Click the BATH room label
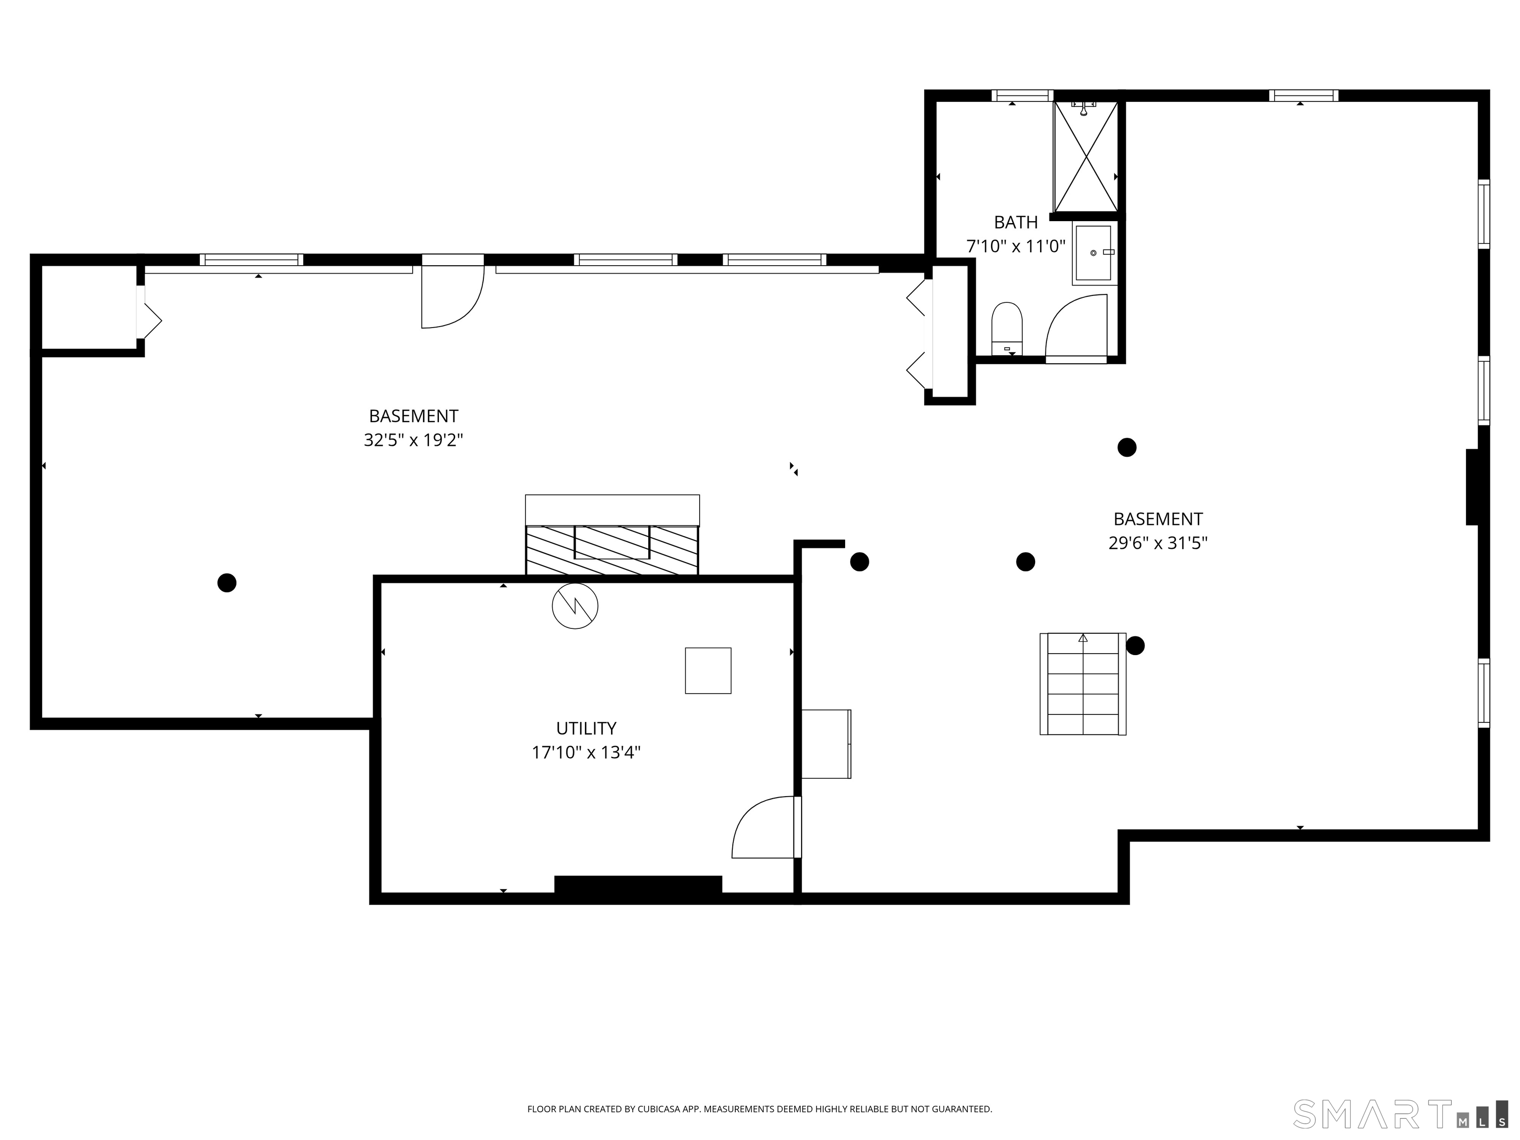pos(1016,222)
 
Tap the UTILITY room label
pos(586,728)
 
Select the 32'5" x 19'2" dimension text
pos(414,440)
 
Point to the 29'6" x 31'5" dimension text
pos(1158,543)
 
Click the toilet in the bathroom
pos(1007,329)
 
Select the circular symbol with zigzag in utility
pos(575,606)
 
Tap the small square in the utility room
pos(708,670)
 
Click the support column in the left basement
pos(227,583)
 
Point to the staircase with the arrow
pos(1083,684)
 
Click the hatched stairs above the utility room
pos(612,550)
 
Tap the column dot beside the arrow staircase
pos(1135,646)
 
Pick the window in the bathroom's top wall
pos(1023,95)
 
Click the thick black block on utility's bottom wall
pos(638,885)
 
